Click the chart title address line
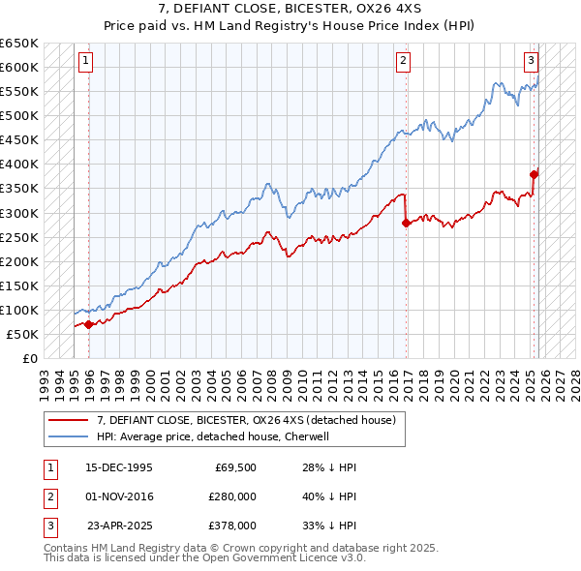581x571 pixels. coord(290,9)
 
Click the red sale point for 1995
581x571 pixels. coord(89,324)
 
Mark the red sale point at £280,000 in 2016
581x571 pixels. coord(406,223)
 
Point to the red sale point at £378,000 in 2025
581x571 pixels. coord(534,174)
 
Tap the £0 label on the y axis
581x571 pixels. coord(30,359)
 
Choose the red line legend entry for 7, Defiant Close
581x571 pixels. coord(246,421)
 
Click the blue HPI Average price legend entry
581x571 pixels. coord(213,436)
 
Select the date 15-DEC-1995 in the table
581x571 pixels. coord(119,467)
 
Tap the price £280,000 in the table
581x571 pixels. coord(232,496)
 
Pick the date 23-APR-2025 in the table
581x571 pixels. coord(119,526)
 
